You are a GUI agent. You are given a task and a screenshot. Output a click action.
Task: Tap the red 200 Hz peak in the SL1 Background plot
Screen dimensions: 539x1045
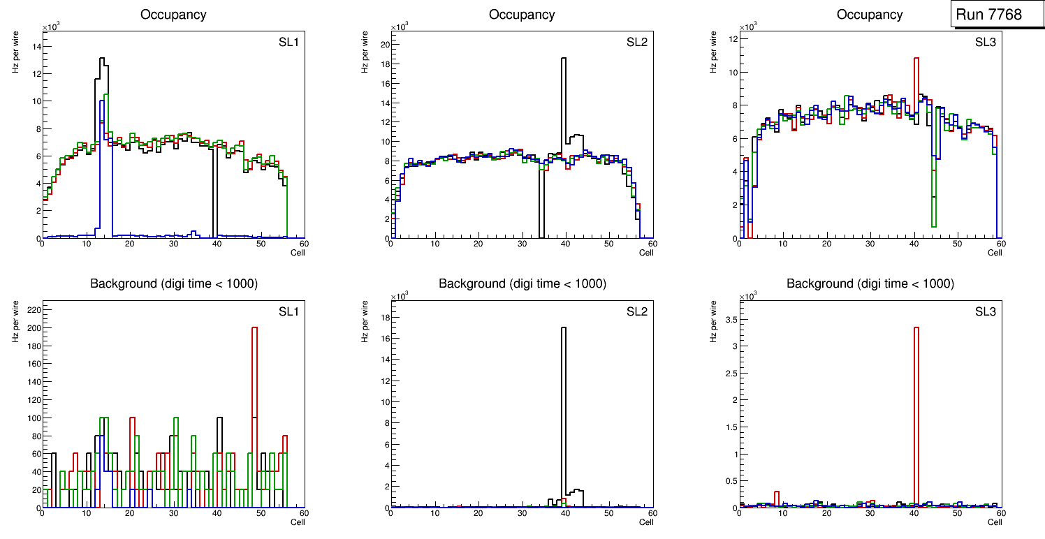point(254,363)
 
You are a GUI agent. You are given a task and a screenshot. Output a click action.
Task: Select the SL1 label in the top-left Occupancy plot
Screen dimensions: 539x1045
point(288,43)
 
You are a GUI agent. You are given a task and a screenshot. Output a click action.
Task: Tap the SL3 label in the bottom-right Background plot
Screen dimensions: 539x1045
point(986,311)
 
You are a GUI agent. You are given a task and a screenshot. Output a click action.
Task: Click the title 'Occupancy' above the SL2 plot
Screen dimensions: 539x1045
point(522,15)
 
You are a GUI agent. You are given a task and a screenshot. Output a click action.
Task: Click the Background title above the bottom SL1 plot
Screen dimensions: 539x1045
point(173,283)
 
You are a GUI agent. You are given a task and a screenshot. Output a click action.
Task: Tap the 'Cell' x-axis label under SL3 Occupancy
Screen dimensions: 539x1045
point(994,253)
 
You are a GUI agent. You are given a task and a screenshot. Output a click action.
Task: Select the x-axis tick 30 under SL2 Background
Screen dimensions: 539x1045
point(521,514)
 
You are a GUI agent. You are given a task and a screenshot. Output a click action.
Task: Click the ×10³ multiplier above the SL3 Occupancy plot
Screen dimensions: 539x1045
point(747,27)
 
